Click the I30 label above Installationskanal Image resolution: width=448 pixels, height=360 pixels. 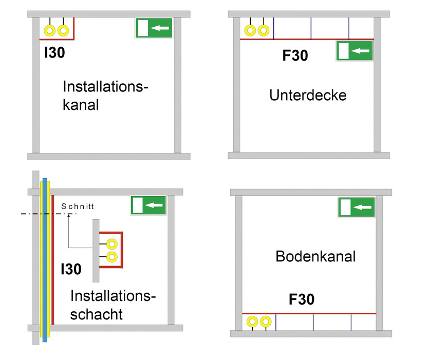(54, 52)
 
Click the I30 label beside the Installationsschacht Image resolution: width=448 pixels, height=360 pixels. (70, 269)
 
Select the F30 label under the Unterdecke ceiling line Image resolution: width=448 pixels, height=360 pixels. (295, 55)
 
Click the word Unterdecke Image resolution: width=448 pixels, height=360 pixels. (308, 95)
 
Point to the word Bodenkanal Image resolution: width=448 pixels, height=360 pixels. (315, 256)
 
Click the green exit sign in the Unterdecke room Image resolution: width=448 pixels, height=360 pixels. (354, 51)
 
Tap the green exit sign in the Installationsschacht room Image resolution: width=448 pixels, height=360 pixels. (148, 205)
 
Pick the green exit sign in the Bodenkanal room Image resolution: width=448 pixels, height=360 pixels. (356, 207)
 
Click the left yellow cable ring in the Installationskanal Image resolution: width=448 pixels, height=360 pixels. (50, 30)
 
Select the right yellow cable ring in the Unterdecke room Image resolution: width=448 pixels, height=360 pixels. (264, 30)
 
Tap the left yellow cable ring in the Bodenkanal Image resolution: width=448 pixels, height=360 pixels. (252, 322)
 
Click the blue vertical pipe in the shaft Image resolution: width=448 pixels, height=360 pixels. (45, 257)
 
